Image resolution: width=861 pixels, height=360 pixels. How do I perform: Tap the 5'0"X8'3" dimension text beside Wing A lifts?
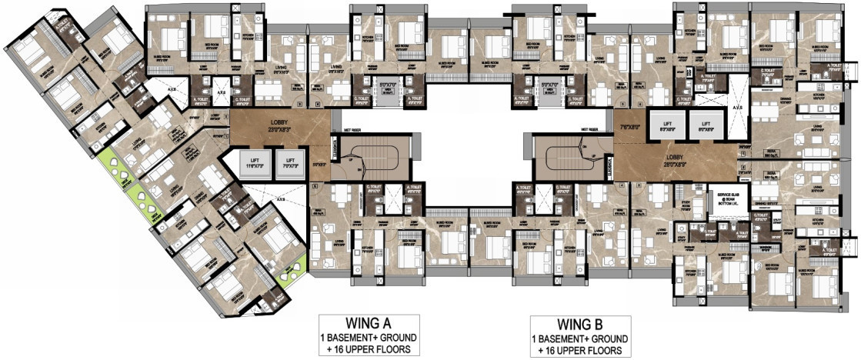[319, 164]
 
